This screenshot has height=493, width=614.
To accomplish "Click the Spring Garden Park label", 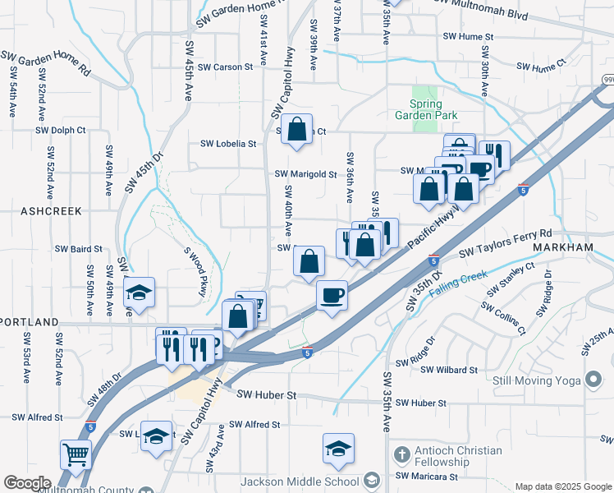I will (x=426, y=110).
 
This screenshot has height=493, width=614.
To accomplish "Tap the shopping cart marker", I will (x=76, y=454).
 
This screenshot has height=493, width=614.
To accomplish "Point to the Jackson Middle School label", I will (x=300, y=481).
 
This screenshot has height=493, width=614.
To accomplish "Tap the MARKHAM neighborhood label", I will (x=562, y=247).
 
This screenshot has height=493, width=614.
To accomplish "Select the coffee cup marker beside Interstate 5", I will (x=332, y=294).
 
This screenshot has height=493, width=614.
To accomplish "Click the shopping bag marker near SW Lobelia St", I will (x=296, y=129).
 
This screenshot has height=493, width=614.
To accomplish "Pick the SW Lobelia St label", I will (x=229, y=144).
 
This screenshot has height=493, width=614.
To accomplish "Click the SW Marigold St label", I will (x=306, y=174).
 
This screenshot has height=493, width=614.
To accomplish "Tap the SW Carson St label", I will (x=226, y=67).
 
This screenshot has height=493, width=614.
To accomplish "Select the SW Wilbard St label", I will (x=449, y=370).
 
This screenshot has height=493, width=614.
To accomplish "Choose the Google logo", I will (x=27, y=483).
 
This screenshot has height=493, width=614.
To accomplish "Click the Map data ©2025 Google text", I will (x=562, y=486).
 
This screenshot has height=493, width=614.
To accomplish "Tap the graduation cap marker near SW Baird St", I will (x=140, y=293).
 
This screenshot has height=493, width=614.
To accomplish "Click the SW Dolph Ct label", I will (x=61, y=130).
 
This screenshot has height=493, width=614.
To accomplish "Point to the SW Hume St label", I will (x=468, y=37).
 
